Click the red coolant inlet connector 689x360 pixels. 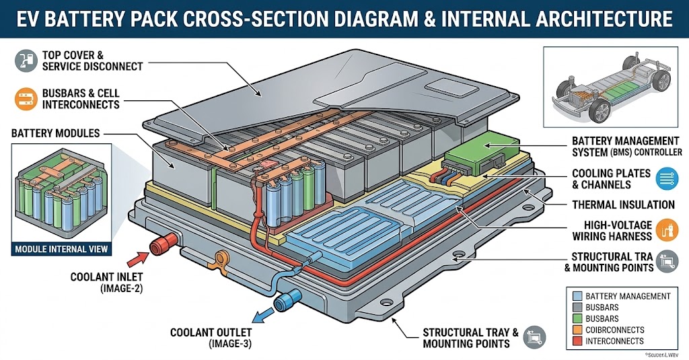point(161,244)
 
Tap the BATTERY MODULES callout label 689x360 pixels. point(55,133)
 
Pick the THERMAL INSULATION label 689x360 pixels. point(623,205)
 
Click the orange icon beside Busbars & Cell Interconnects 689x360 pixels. point(25,98)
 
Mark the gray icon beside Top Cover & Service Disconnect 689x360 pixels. point(25,61)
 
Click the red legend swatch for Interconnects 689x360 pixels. point(576,341)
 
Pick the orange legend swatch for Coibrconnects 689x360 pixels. point(576,330)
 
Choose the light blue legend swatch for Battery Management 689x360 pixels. point(576,296)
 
